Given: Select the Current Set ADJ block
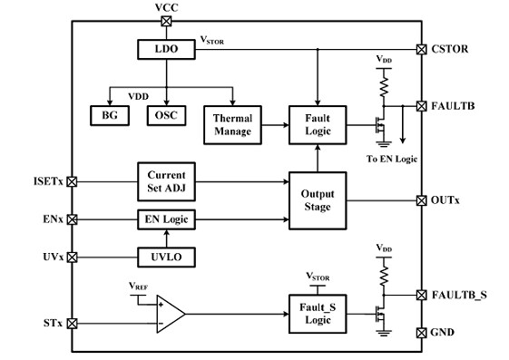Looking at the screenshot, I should pyautogui.click(x=165, y=180).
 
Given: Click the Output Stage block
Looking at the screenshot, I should pyautogui.click(x=316, y=199).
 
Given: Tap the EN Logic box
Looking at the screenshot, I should pyautogui.click(x=165, y=219).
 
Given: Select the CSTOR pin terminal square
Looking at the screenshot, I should pyautogui.click(x=420, y=49).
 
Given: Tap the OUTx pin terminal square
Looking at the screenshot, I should pyautogui.click(x=420, y=199).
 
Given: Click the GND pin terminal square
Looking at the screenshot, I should pyautogui.click(x=420, y=333).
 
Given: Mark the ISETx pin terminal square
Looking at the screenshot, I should pyautogui.click(x=72, y=181).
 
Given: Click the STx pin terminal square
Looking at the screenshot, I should pyautogui.click(x=72, y=323).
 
